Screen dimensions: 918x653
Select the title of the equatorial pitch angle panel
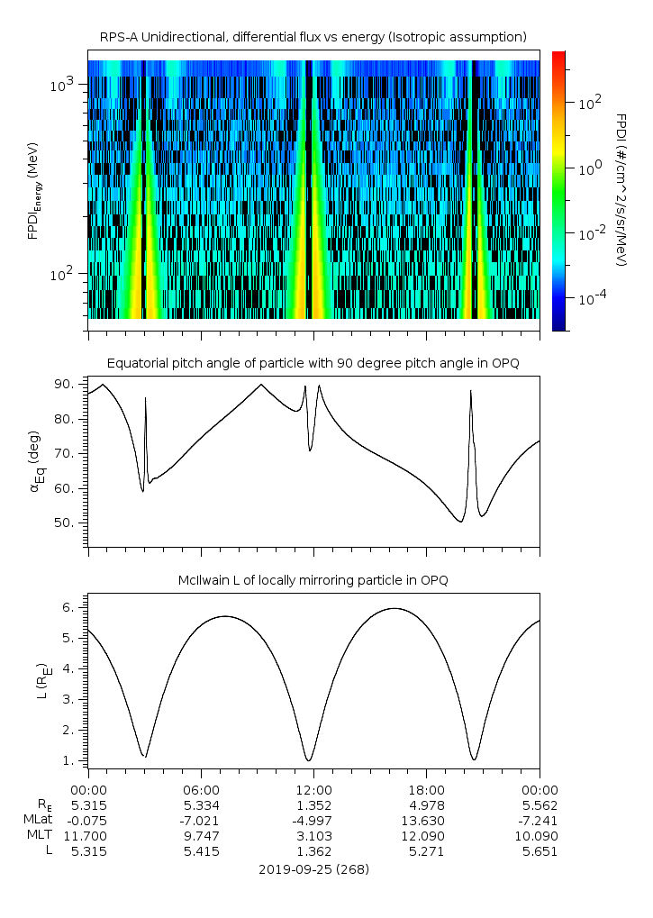pos(313,363)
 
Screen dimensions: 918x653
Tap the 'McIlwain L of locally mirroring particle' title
pos(313,580)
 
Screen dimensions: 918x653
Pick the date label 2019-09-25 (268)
pos(313,869)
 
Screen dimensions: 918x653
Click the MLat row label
pos(39,819)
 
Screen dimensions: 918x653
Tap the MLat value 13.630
pos(426,819)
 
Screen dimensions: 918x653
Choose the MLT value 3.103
pos(313,835)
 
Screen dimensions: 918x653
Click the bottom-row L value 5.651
pos(539,851)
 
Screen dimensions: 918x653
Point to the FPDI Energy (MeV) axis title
pos(34,189)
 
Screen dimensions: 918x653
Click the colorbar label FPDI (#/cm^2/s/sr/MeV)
pos(621,189)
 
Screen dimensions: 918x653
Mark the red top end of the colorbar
pos(559,55)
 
